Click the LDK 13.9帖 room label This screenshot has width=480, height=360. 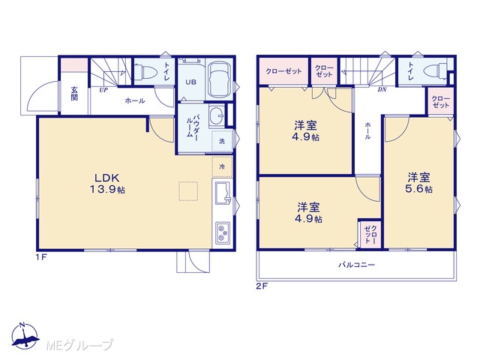(107, 184)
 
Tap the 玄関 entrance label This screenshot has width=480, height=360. (74, 94)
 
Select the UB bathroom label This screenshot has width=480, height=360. (191, 82)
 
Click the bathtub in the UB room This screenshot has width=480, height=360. (220, 79)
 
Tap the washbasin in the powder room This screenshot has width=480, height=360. (217, 116)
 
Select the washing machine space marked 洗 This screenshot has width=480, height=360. (222, 141)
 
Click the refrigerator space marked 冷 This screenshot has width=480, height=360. (222, 166)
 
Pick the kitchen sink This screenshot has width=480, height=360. (223, 193)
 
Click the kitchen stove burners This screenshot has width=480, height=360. (223, 232)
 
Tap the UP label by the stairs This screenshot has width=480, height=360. (103, 90)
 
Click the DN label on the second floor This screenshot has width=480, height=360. (382, 90)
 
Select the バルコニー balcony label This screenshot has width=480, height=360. (357, 265)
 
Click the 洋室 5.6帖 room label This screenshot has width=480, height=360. (418, 183)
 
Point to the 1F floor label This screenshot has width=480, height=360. (42, 256)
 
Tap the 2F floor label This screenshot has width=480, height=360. (262, 286)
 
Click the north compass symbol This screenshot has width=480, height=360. (25, 336)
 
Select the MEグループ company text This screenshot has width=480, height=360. (79, 345)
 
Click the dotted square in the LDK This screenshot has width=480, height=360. (188, 191)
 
